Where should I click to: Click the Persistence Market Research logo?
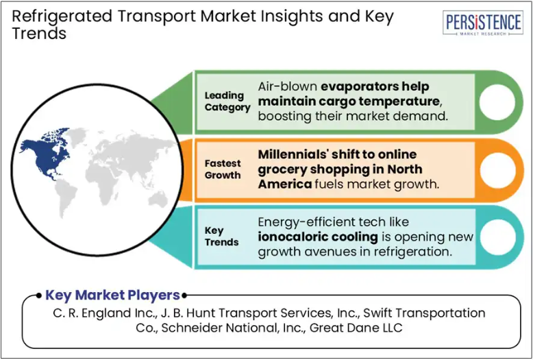click(483, 23)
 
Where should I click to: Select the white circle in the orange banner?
click(497, 170)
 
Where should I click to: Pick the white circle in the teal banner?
click(497, 237)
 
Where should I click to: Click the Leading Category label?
click(227, 101)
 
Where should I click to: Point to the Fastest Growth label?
click(223, 169)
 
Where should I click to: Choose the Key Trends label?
click(221, 237)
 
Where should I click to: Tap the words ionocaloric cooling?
click(318, 237)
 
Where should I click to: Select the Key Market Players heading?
click(112, 296)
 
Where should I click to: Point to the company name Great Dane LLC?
click(356, 328)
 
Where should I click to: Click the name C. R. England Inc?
click(104, 313)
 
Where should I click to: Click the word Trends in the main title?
click(40, 34)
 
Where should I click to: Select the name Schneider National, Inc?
click(234, 328)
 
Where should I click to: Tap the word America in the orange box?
click(285, 184)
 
